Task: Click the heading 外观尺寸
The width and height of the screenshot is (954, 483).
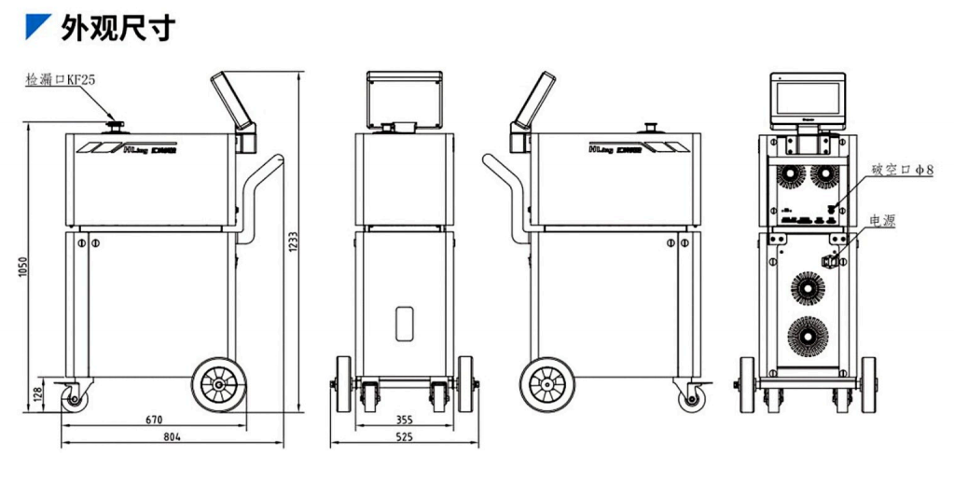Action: [x=118, y=27]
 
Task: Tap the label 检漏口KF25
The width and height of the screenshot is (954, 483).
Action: [x=61, y=81]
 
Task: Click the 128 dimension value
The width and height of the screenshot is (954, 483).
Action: [x=37, y=394]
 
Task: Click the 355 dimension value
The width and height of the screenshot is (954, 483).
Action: [x=403, y=420]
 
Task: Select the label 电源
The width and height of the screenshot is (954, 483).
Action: [x=882, y=221]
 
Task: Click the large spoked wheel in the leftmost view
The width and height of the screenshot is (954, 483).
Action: [x=219, y=383]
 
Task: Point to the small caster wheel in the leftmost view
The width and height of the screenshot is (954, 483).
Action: [x=73, y=398]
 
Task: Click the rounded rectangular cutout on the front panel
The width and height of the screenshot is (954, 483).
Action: [x=404, y=322]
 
